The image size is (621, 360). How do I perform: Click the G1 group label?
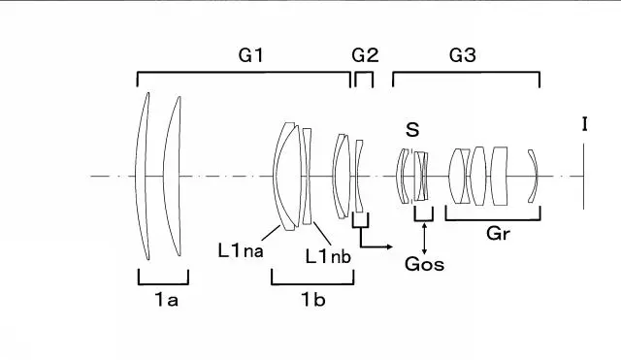pyautogui.click(x=250, y=55)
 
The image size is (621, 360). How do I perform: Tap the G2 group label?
pyautogui.click(x=365, y=55)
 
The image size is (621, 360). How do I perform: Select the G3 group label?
pyautogui.click(x=462, y=55)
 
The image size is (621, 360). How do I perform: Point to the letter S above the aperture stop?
pyautogui.click(x=412, y=129)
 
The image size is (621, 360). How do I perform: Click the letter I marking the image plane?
pyautogui.click(x=584, y=124)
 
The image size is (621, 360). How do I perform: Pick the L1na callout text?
pyautogui.click(x=241, y=250)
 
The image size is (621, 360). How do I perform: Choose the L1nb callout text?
pyautogui.click(x=328, y=256)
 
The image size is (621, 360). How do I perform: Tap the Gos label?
pyautogui.click(x=424, y=264)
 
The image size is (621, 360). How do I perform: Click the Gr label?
pyautogui.click(x=498, y=234)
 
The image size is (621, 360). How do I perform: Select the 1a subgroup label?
pyautogui.click(x=166, y=300)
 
